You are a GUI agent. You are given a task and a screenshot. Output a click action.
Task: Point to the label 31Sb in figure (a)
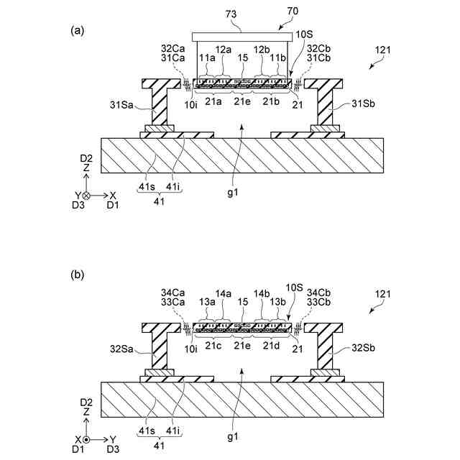tap(362, 106)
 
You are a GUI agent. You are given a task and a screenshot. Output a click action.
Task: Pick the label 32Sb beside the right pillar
tap(362, 350)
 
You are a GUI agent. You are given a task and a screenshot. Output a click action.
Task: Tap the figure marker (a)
tap(77, 30)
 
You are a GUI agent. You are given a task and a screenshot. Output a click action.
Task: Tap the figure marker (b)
tap(77, 275)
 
